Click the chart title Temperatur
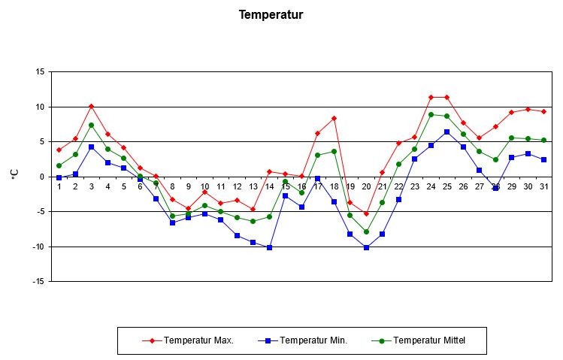pyautogui.click(x=270, y=14)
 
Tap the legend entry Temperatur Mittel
pyautogui.click(x=428, y=340)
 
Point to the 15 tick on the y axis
pyautogui.click(x=40, y=72)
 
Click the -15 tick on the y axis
pyautogui.click(x=38, y=281)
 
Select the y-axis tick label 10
pyautogui.click(x=40, y=107)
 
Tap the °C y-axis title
pyautogui.click(x=14, y=174)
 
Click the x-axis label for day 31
pyautogui.click(x=543, y=186)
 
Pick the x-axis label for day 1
pyautogui.click(x=59, y=186)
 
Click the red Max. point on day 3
pyautogui.click(x=91, y=106)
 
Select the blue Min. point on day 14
pyautogui.click(x=269, y=247)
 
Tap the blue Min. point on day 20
pyautogui.click(x=367, y=247)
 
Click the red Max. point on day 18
pyautogui.click(x=334, y=118)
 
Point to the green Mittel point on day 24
pyautogui.click(x=431, y=114)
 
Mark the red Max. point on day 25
pyautogui.click(x=447, y=97)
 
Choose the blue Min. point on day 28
pyautogui.click(x=496, y=188)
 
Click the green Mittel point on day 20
pyautogui.click(x=367, y=231)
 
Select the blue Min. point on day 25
pyautogui.click(x=447, y=132)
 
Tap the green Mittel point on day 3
pyautogui.click(x=91, y=125)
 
